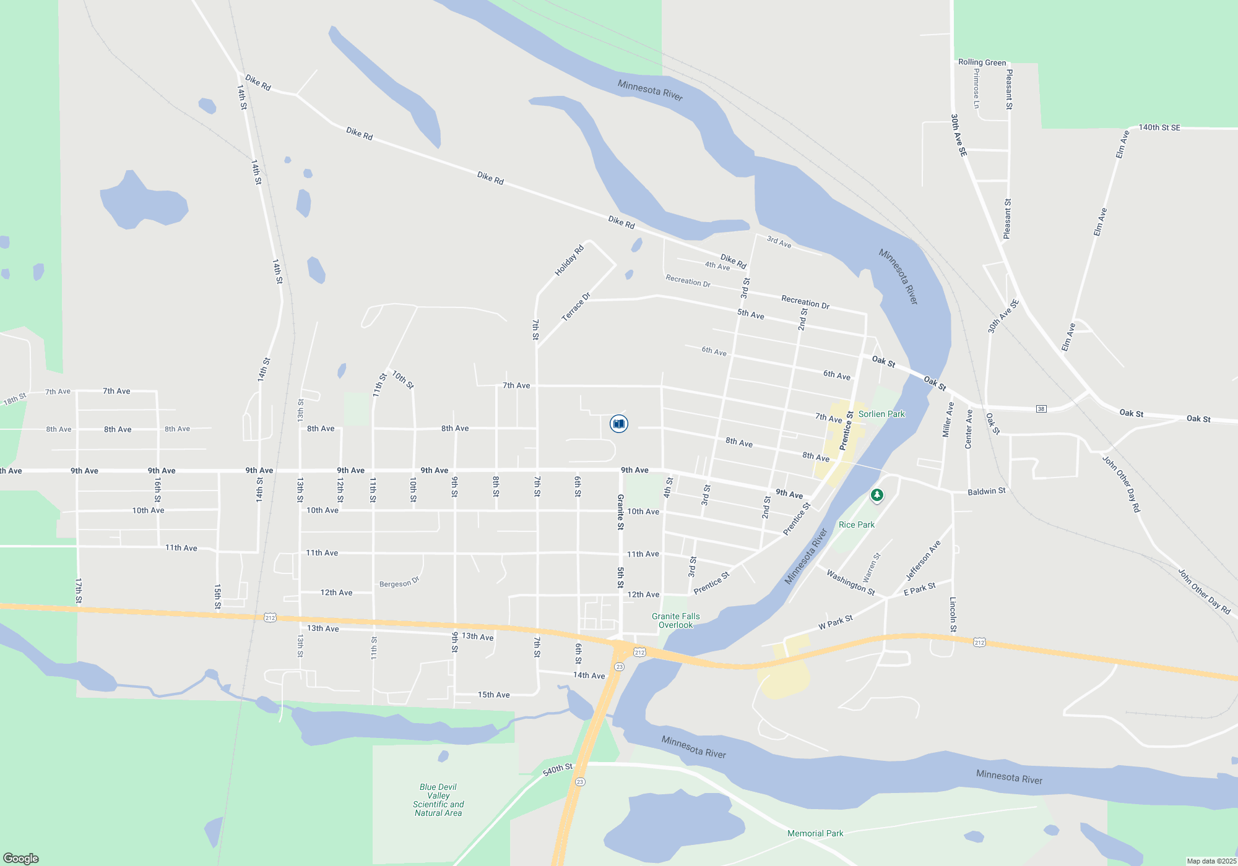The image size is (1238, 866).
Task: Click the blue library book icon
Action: point(618,424)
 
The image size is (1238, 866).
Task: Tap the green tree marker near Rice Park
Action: point(877,495)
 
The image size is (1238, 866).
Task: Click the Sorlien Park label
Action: point(881,414)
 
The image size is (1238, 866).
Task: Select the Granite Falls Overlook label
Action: point(675,620)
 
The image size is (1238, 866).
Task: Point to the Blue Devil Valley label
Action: point(438,800)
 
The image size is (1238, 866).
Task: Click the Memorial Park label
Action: point(815,833)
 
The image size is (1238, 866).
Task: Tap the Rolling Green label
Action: point(982,62)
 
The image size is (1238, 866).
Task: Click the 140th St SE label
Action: point(1159,127)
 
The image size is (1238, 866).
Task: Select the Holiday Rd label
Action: point(569,260)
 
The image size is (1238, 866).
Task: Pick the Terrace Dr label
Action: point(576,307)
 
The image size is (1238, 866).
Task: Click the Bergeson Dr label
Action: point(399,583)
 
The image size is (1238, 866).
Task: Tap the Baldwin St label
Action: point(987,491)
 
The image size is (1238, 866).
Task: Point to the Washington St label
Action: point(851,583)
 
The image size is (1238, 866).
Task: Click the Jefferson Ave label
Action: point(923,560)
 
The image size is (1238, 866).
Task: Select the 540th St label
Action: point(558,770)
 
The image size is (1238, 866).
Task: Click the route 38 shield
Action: point(1041,409)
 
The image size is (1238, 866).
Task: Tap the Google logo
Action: point(21,858)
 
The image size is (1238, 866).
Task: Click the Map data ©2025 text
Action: point(1211,861)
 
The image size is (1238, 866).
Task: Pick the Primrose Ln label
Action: point(976,88)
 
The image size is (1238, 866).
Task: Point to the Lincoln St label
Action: point(953,614)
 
